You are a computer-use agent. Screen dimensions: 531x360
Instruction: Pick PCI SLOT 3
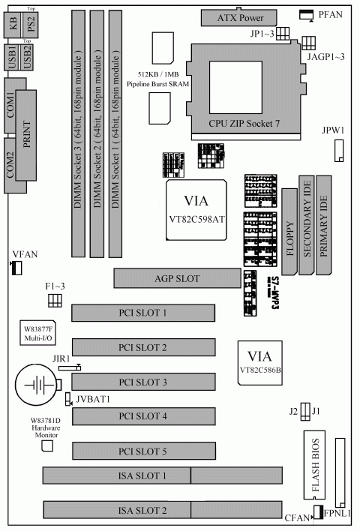(143, 382)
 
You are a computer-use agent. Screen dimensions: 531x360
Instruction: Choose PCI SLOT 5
(143, 451)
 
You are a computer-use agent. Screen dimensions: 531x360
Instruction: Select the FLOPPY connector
(289, 234)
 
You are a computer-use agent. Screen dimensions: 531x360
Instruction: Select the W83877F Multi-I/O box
(38, 332)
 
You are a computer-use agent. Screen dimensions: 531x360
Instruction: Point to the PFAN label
(331, 14)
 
